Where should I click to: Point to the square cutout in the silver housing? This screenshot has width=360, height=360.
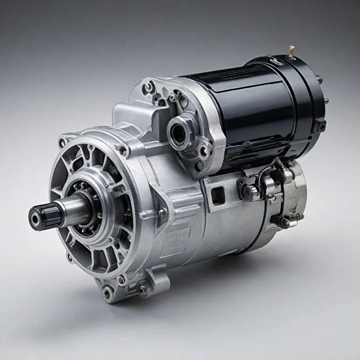218,195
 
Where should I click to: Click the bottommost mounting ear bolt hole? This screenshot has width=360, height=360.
108,293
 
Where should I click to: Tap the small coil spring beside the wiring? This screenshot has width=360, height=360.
280,164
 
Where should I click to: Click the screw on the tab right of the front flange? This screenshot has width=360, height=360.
162,213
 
